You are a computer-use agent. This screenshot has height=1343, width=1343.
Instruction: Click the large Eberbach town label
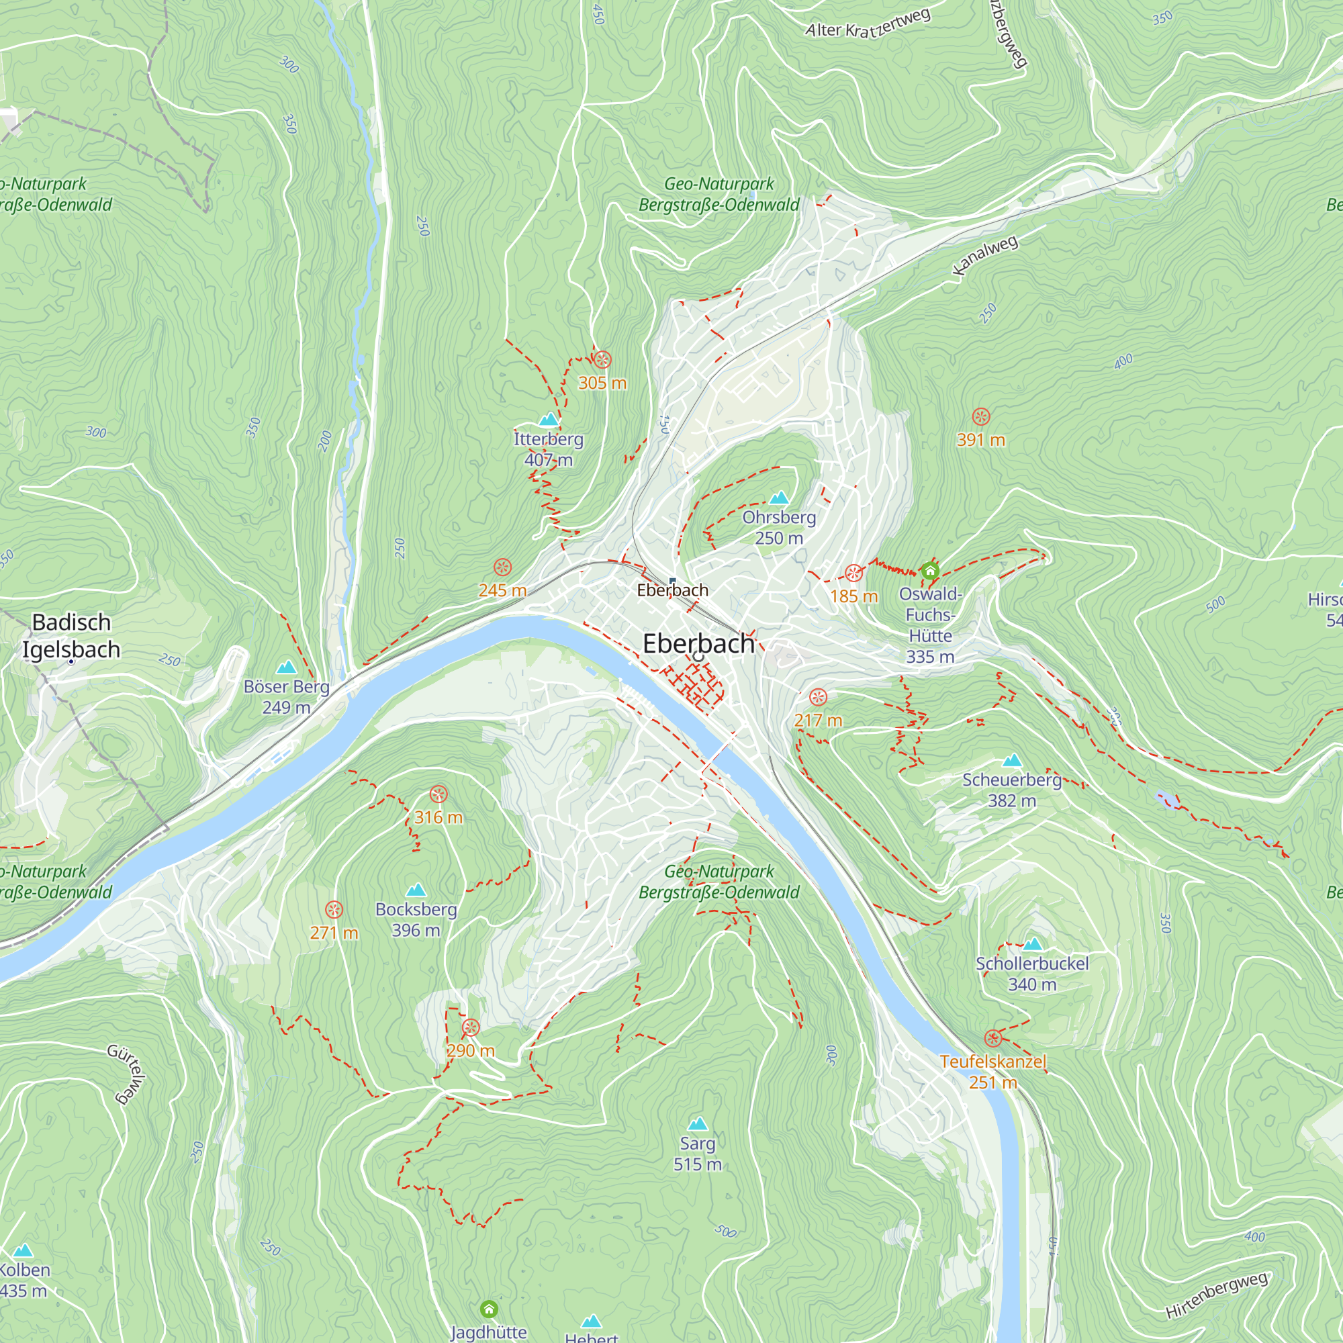[698, 644]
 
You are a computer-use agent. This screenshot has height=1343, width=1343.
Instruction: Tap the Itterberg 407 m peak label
[549, 449]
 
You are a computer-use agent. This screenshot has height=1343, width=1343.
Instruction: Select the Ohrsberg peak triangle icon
[779, 498]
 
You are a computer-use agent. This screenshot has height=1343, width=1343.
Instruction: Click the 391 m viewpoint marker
[980, 417]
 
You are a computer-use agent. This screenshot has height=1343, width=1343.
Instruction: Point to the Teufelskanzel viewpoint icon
[993, 1039]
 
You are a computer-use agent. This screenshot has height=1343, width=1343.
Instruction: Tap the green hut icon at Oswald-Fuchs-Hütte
[930, 571]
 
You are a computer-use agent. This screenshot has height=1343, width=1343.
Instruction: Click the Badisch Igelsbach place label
[71, 635]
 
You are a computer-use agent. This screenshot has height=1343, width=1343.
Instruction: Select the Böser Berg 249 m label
[287, 696]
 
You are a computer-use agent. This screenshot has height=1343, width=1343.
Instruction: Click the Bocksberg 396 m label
[416, 919]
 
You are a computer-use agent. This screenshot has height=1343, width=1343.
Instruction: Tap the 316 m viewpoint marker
[438, 794]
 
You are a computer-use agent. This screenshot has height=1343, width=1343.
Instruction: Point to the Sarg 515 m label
[697, 1153]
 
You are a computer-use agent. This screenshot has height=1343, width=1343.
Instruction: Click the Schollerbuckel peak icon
[1032, 944]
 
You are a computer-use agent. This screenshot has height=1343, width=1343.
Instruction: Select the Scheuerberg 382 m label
[1011, 790]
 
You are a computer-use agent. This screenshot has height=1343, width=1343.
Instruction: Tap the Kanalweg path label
[985, 255]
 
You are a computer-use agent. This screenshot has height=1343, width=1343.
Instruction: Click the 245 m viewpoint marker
[502, 567]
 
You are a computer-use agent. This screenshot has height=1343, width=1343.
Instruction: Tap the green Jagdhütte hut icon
[489, 1309]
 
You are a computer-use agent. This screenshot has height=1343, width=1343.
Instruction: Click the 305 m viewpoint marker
[602, 360]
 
